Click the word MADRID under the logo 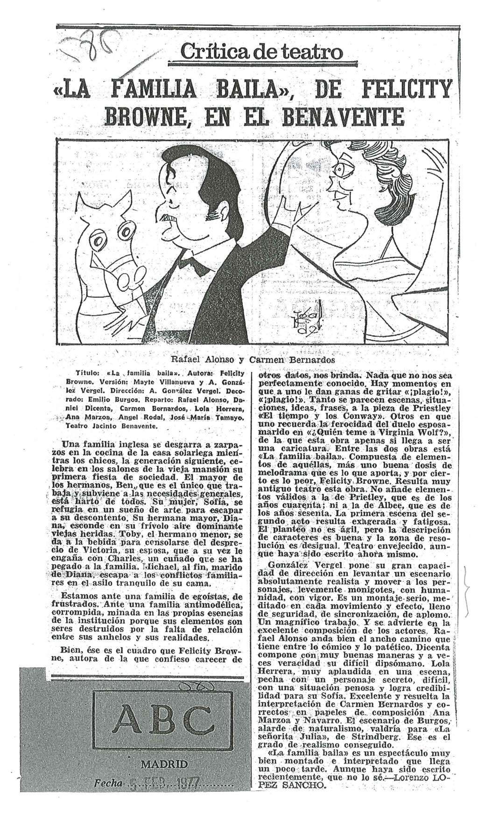pyautogui.click(x=162, y=764)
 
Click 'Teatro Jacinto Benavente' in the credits pyautogui.click(x=109, y=426)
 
